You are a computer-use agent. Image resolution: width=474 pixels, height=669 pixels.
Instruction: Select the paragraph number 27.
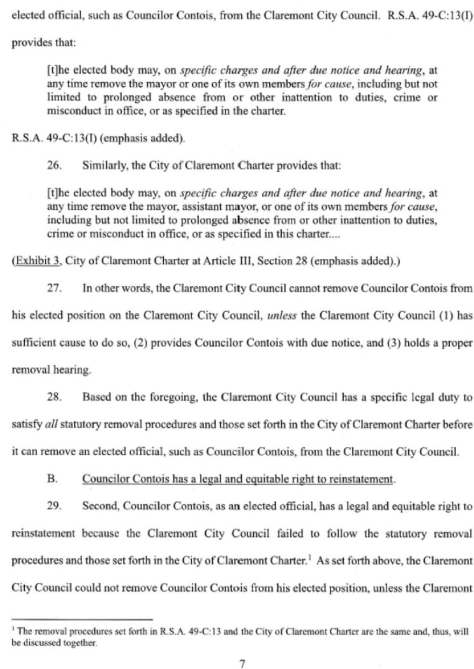coord(54,288)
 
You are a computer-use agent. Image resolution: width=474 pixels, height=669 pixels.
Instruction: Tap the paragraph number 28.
coord(54,397)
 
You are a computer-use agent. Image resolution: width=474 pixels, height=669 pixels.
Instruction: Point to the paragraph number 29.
coord(54,506)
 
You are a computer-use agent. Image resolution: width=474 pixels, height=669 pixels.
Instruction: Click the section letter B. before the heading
coord(53,478)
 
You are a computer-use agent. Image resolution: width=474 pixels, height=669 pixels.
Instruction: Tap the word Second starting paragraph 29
coord(98,506)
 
